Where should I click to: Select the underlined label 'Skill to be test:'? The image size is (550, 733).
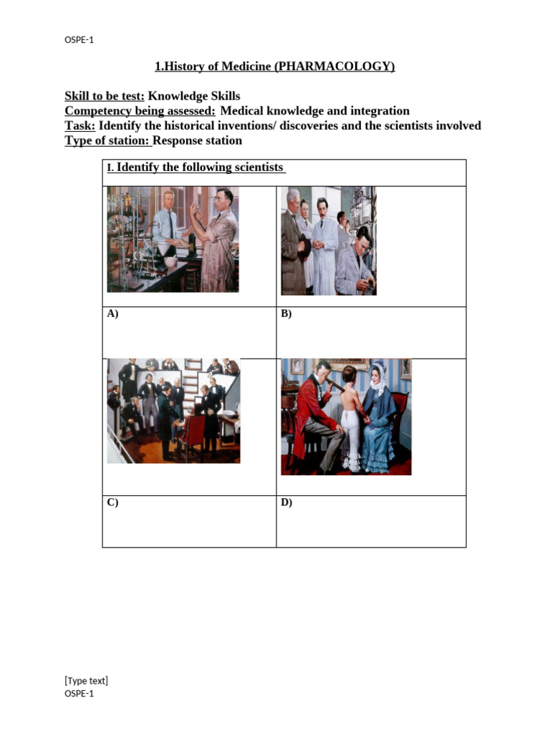point(105,97)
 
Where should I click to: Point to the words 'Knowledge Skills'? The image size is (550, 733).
point(194,97)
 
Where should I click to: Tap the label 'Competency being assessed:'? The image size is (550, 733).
point(140,111)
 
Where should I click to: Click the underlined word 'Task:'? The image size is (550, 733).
point(80,126)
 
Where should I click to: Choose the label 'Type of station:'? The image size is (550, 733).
point(107,141)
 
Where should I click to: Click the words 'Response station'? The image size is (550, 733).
point(198,141)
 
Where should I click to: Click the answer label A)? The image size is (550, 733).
point(112,314)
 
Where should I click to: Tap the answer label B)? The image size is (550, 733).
point(286,314)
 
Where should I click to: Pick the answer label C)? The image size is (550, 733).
point(112,503)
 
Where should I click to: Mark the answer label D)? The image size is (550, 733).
point(286,503)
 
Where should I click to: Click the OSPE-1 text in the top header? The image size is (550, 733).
point(79,40)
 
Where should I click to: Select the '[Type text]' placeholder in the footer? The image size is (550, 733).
point(86,681)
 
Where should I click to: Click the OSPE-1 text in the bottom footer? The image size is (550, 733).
point(79,694)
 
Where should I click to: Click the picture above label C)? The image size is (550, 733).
point(173,411)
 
